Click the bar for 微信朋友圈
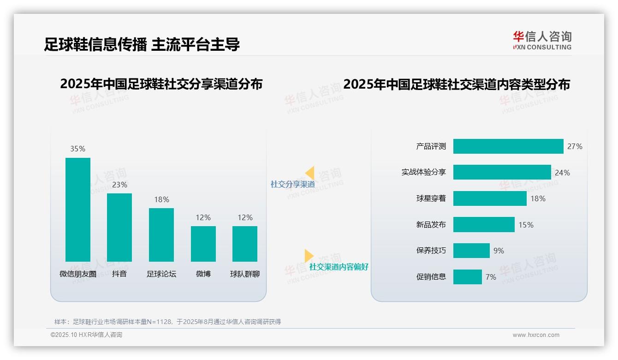click(x=78, y=210)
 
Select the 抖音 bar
click(x=119, y=227)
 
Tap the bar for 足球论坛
click(x=161, y=234)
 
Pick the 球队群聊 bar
click(x=245, y=244)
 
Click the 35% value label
click(x=78, y=149)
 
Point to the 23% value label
click(x=119, y=185)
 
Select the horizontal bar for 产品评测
click(x=508, y=146)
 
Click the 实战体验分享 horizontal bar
click(x=502, y=172)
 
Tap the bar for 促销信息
click(x=468, y=277)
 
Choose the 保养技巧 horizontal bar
click(x=471, y=251)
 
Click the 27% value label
click(x=575, y=146)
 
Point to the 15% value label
click(x=526, y=225)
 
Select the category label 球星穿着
click(x=431, y=198)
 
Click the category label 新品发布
click(x=431, y=225)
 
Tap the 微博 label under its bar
click(x=203, y=274)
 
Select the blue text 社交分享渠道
click(x=293, y=184)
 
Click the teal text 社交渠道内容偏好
click(x=339, y=267)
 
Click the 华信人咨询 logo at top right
click(x=542, y=40)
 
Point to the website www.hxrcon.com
click(x=536, y=335)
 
